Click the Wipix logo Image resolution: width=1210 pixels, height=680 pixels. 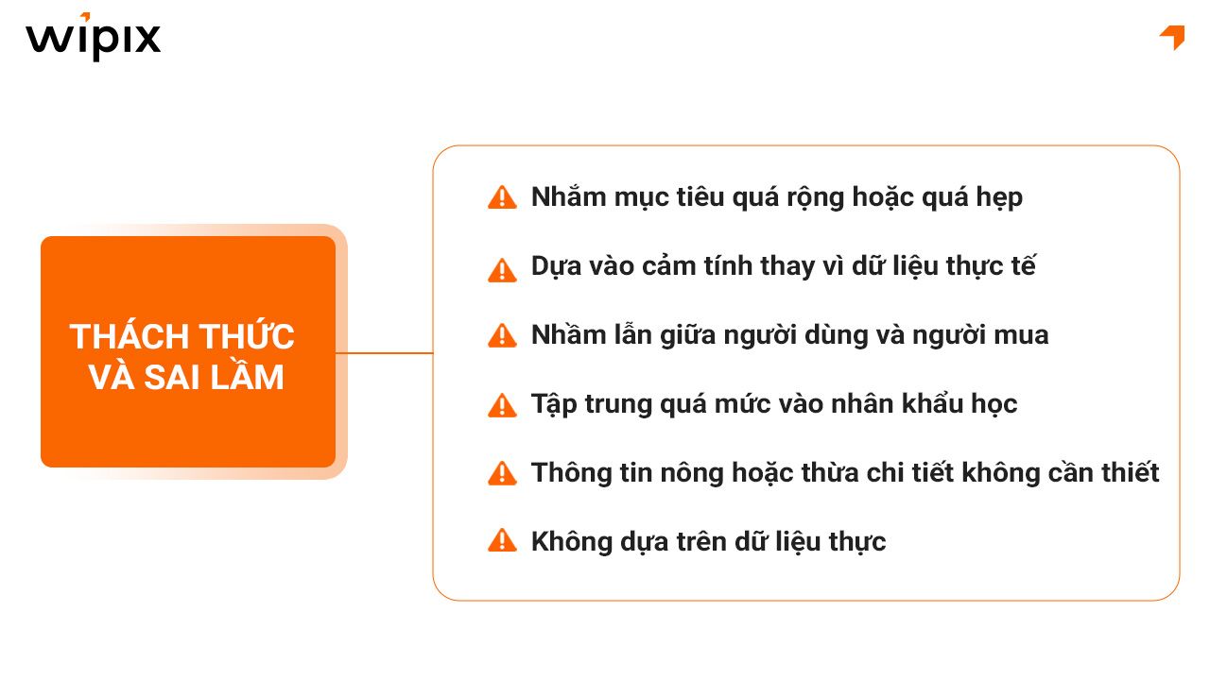[93, 38]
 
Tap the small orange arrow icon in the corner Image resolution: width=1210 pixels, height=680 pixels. [1172, 37]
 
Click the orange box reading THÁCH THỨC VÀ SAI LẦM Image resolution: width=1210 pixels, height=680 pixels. [188, 351]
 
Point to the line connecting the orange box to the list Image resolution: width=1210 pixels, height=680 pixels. [384, 353]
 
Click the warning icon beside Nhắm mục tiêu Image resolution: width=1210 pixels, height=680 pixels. [502, 197]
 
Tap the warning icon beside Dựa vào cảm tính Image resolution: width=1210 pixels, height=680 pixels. [502, 267]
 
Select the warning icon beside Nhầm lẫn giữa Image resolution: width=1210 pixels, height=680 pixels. [502, 335]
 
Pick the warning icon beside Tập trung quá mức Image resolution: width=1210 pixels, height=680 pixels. [502, 404]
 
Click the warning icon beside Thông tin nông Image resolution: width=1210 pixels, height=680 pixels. [502, 473]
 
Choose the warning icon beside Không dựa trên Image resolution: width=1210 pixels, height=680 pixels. [502, 541]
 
